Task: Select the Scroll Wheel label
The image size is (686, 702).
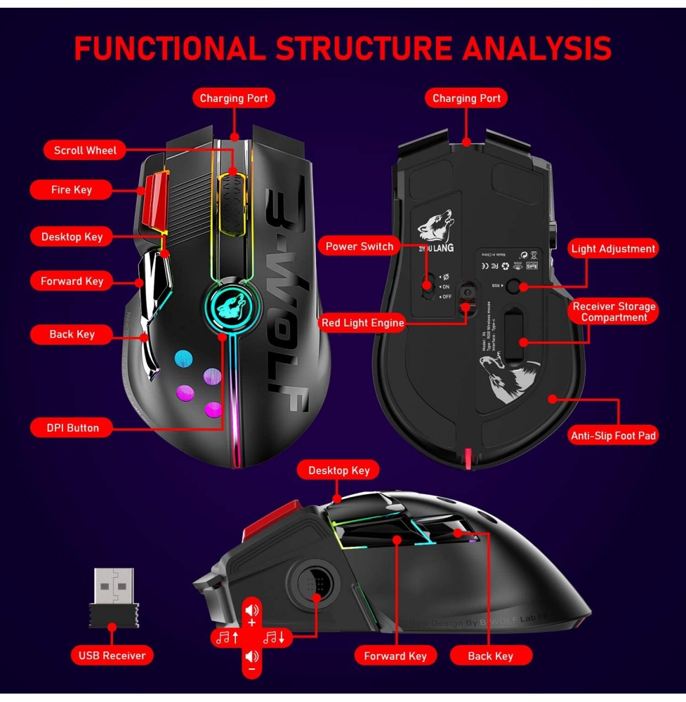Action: tap(86, 150)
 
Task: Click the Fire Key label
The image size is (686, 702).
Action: tap(72, 190)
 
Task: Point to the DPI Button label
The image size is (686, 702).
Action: tap(73, 428)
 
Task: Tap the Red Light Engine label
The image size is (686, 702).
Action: tap(362, 323)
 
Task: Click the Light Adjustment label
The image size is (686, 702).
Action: tap(613, 249)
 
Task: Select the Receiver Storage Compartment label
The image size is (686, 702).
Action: tap(614, 312)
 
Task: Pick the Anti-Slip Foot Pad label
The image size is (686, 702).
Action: tap(614, 436)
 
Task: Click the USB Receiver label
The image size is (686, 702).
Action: tap(112, 656)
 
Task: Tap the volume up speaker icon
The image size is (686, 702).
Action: tap(252, 609)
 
